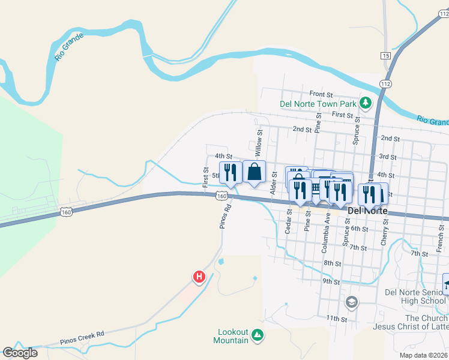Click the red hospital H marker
tap(199, 277)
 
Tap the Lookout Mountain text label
tap(231, 336)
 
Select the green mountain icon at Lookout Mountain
tap(258, 334)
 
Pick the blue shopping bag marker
tap(254, 172)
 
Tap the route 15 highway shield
tap(385, 55)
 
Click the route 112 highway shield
tap(385, 83)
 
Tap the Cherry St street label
tap(385, 232)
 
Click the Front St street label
tap(321, 94)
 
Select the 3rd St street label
tap(388, 157)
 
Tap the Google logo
tap(20, 353)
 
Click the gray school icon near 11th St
tap(352, 302)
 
